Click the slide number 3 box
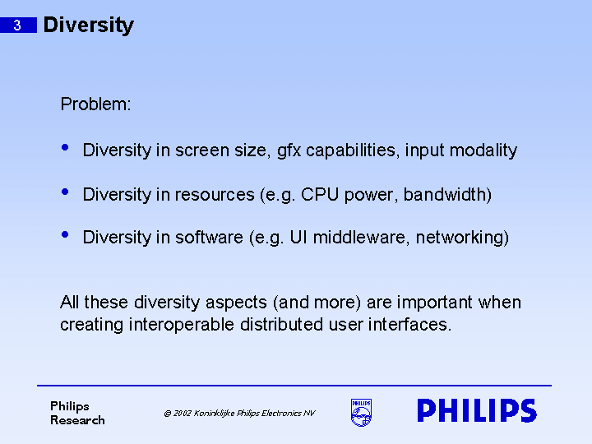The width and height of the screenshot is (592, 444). (x=17, y=25)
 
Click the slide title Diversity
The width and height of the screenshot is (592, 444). (x=88, y=25)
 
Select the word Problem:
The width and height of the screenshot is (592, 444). (x=95, y=105)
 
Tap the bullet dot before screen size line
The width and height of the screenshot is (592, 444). (x=66, y=148)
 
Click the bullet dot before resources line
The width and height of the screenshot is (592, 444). (x=66, y=192)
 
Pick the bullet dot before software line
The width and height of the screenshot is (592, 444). (x=66, y=235)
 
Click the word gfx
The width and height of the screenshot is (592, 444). (x=289, y=151)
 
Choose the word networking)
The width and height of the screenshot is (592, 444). (x=462, y=238)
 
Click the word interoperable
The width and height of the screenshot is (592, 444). (x=182, y=325)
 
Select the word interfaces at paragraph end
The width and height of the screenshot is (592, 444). (x=414, y=325)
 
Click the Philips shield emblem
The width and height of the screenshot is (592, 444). (x=361, y=413)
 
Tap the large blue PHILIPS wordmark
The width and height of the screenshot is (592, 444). (x=476, y=411)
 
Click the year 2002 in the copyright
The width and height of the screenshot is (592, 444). (x=182, y=414)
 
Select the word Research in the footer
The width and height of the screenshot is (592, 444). (x=77, y=420)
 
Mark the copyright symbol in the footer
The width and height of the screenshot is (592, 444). (x=167, y=414)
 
